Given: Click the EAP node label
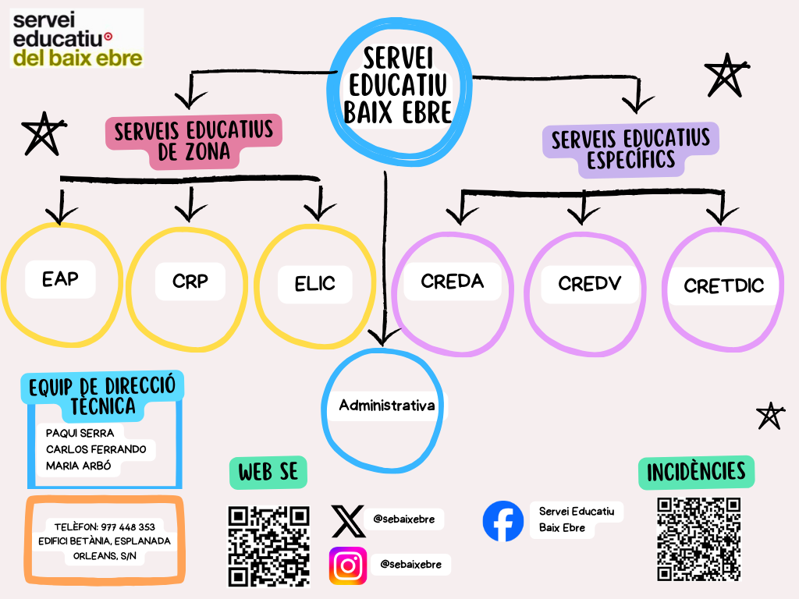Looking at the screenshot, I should [x=61, y=278].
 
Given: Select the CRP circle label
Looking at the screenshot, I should [x=190, y=281].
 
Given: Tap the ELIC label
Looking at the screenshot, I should [x=314, y=283].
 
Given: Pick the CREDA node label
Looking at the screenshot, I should [x=452, y=281].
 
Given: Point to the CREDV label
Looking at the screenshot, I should [x=589, y=283].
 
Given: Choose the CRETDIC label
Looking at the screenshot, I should [x=723, y=285].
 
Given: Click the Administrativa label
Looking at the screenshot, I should [x=386, y=406].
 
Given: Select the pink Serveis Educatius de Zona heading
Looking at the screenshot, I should [x=194, y=141].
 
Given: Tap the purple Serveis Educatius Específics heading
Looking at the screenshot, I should [x=630, y=149].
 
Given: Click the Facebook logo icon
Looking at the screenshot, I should [x=503, y=521].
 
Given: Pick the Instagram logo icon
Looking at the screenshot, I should [x=348, y=565].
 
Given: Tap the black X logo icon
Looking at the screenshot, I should [x=348, y=521].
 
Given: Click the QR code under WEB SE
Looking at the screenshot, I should [x=268, y=546].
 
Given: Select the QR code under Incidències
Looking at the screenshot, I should [x=698, y=539].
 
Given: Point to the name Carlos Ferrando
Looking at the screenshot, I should [x=97, y=450].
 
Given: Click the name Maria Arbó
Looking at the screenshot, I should [x=78, y=467].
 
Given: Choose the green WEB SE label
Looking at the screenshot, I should [x=268, y=472].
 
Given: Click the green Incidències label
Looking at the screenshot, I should [x=696, y=471].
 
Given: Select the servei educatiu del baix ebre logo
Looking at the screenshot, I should [x=76, y=38].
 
